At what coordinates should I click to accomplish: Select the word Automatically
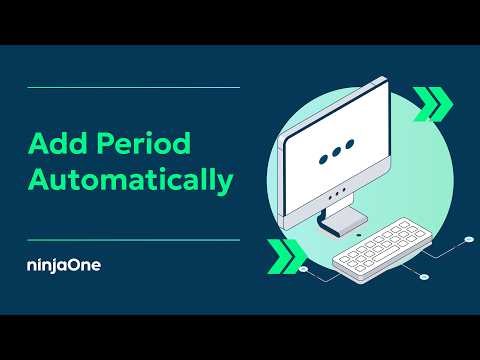click(x=131, y=180)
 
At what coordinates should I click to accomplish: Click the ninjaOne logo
click(x=64, y=266)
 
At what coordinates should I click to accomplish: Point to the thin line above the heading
click(x=133, y=88)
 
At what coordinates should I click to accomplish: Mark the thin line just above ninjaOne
click(x=133, y=240)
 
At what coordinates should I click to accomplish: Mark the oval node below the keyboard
click(x=424, y=274)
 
